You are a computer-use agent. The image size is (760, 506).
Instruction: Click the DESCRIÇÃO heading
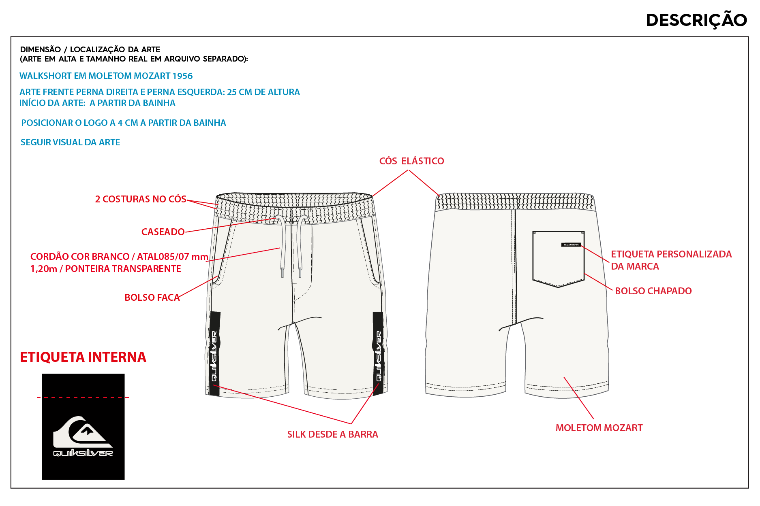click(696, 20)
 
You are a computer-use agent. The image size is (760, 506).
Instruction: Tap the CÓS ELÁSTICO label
click(411, 161)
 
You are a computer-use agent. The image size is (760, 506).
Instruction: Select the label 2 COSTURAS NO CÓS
click(141, 199)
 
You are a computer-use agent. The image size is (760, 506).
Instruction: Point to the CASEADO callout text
click(163, 232)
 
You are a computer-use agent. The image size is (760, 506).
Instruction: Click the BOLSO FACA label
click(152, 298)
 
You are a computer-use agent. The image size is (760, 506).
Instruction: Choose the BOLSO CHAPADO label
click(653, 291)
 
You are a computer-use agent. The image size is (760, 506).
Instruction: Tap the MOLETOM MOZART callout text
click(599, 428)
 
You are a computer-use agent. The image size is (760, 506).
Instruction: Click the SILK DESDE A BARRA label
click(332, 434)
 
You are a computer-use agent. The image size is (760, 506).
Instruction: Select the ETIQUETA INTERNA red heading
click(83, 357)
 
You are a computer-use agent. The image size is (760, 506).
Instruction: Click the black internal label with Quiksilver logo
click(83, 427)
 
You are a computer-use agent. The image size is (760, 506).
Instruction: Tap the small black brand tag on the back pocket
click(571, 244)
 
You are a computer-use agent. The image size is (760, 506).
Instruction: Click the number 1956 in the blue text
click(182, 76)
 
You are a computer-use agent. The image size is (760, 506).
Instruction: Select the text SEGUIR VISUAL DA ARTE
click(71, 142)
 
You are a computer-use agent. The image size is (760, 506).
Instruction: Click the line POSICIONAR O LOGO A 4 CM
click(124, 123)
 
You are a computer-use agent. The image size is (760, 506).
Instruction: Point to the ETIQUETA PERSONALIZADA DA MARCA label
click(671, 260)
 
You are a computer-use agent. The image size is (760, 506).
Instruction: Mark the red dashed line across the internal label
click(83, 398)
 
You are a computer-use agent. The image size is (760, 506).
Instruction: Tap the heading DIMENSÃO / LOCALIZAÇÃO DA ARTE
click(90, 49)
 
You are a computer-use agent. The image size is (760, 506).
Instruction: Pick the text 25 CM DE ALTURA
click(263, 92)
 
